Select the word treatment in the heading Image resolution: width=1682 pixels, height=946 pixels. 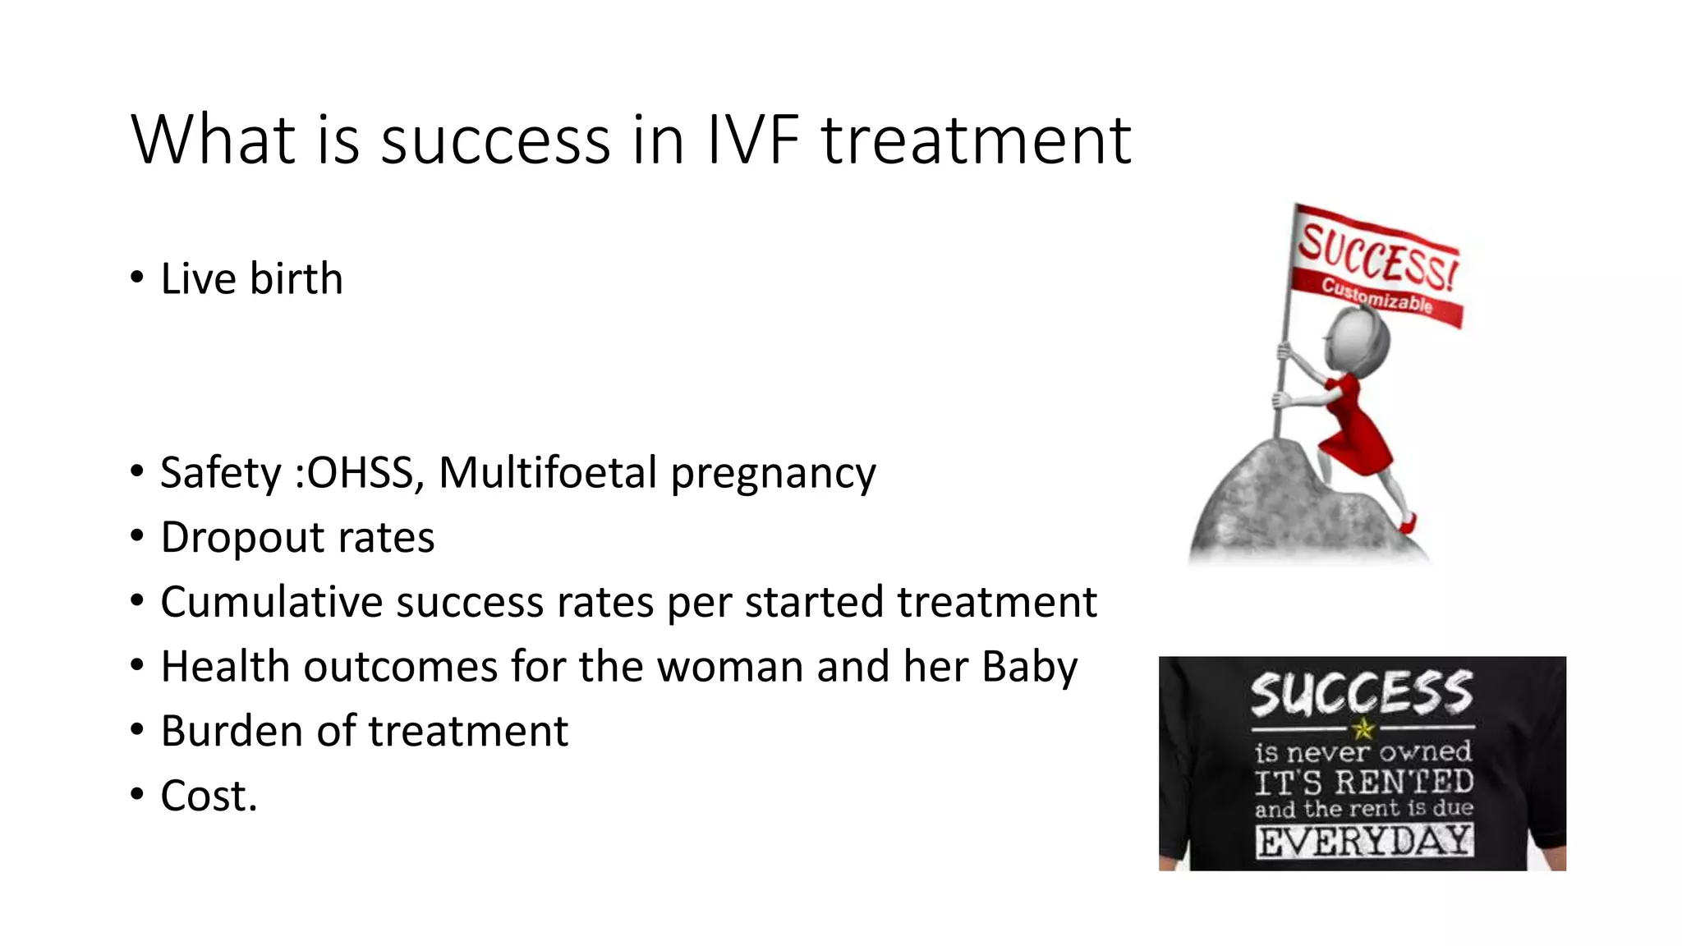pos(977,140)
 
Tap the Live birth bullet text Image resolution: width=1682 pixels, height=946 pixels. pos(251,278)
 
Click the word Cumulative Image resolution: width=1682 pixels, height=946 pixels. pos(271,602)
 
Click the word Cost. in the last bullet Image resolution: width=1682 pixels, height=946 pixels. pos(209,796)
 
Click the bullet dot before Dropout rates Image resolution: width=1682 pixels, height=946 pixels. pos(137,537)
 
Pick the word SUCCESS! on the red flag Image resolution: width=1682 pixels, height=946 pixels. pos(1375,256)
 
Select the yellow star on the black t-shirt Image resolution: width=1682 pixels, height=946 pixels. pos(1363,728)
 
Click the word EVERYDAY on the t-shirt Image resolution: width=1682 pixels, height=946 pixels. pos(1363,842)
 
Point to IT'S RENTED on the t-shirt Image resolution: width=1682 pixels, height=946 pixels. pos(1363,782)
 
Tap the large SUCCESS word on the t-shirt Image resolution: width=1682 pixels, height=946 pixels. pos(1362,694)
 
